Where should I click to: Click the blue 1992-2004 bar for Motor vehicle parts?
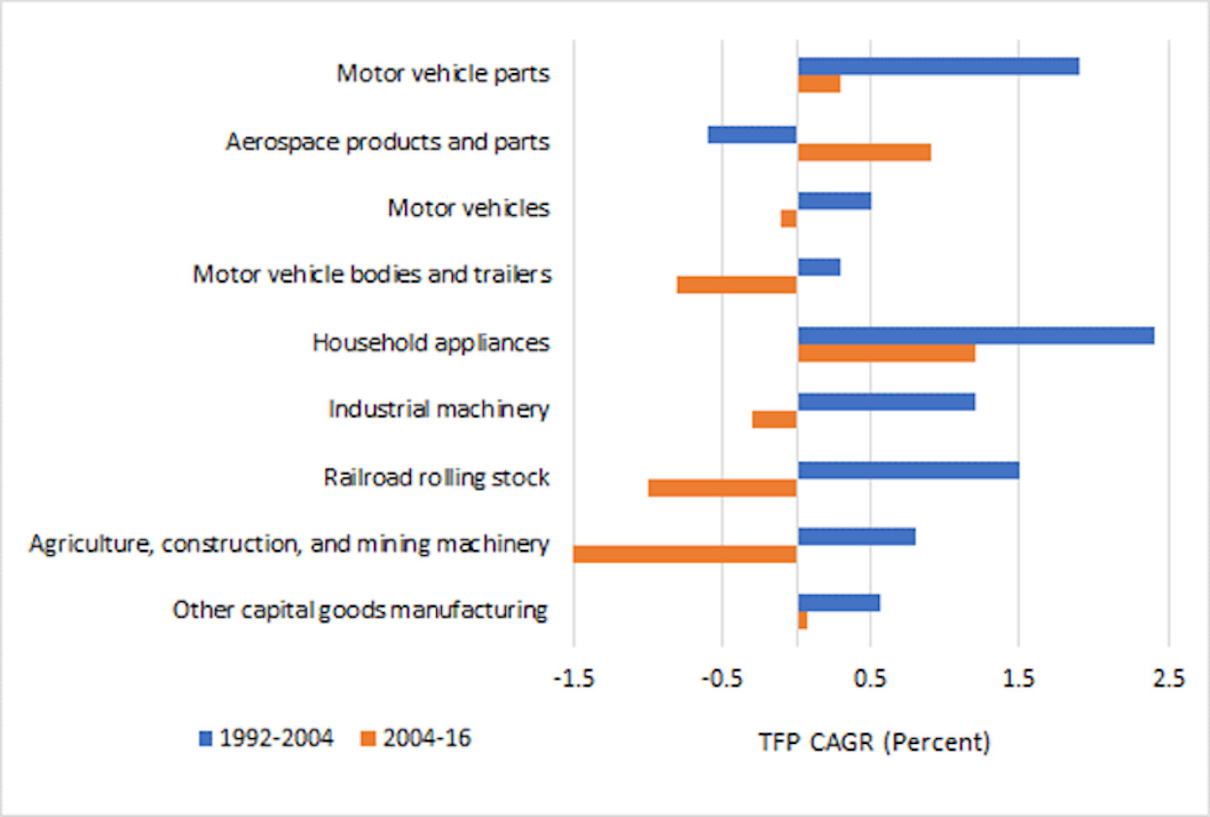[x=938, y=66]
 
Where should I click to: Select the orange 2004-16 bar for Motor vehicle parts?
[x=818, y=84]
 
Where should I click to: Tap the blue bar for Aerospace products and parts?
[x=752, y=134]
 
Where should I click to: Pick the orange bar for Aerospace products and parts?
[x=864, y=152]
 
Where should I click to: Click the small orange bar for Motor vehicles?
[x=788, y=218]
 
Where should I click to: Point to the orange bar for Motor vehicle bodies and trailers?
[x=737, y=285]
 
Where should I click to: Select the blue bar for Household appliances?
[x=976, y=336]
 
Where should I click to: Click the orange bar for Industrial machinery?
[x=774, y=419]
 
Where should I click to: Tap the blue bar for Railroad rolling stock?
[x=908, y=470]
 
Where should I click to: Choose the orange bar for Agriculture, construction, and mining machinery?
[x=685, y=554]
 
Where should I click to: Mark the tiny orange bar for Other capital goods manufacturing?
[x=802, y=621]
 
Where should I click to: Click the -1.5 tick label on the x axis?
[x=574, y=678]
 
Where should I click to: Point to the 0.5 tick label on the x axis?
[x=870, y=678]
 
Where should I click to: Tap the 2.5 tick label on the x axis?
[x=1168, y=678]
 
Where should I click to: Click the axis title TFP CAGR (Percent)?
[x=874, y=742]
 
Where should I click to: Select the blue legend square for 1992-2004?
[x=205, y=739]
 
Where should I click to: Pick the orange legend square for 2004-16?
[x=368, y=739]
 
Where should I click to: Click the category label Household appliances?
[x=430, y=343]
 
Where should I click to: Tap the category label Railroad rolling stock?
[x=436, y=478]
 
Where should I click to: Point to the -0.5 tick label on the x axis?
[x=722, y=678]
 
